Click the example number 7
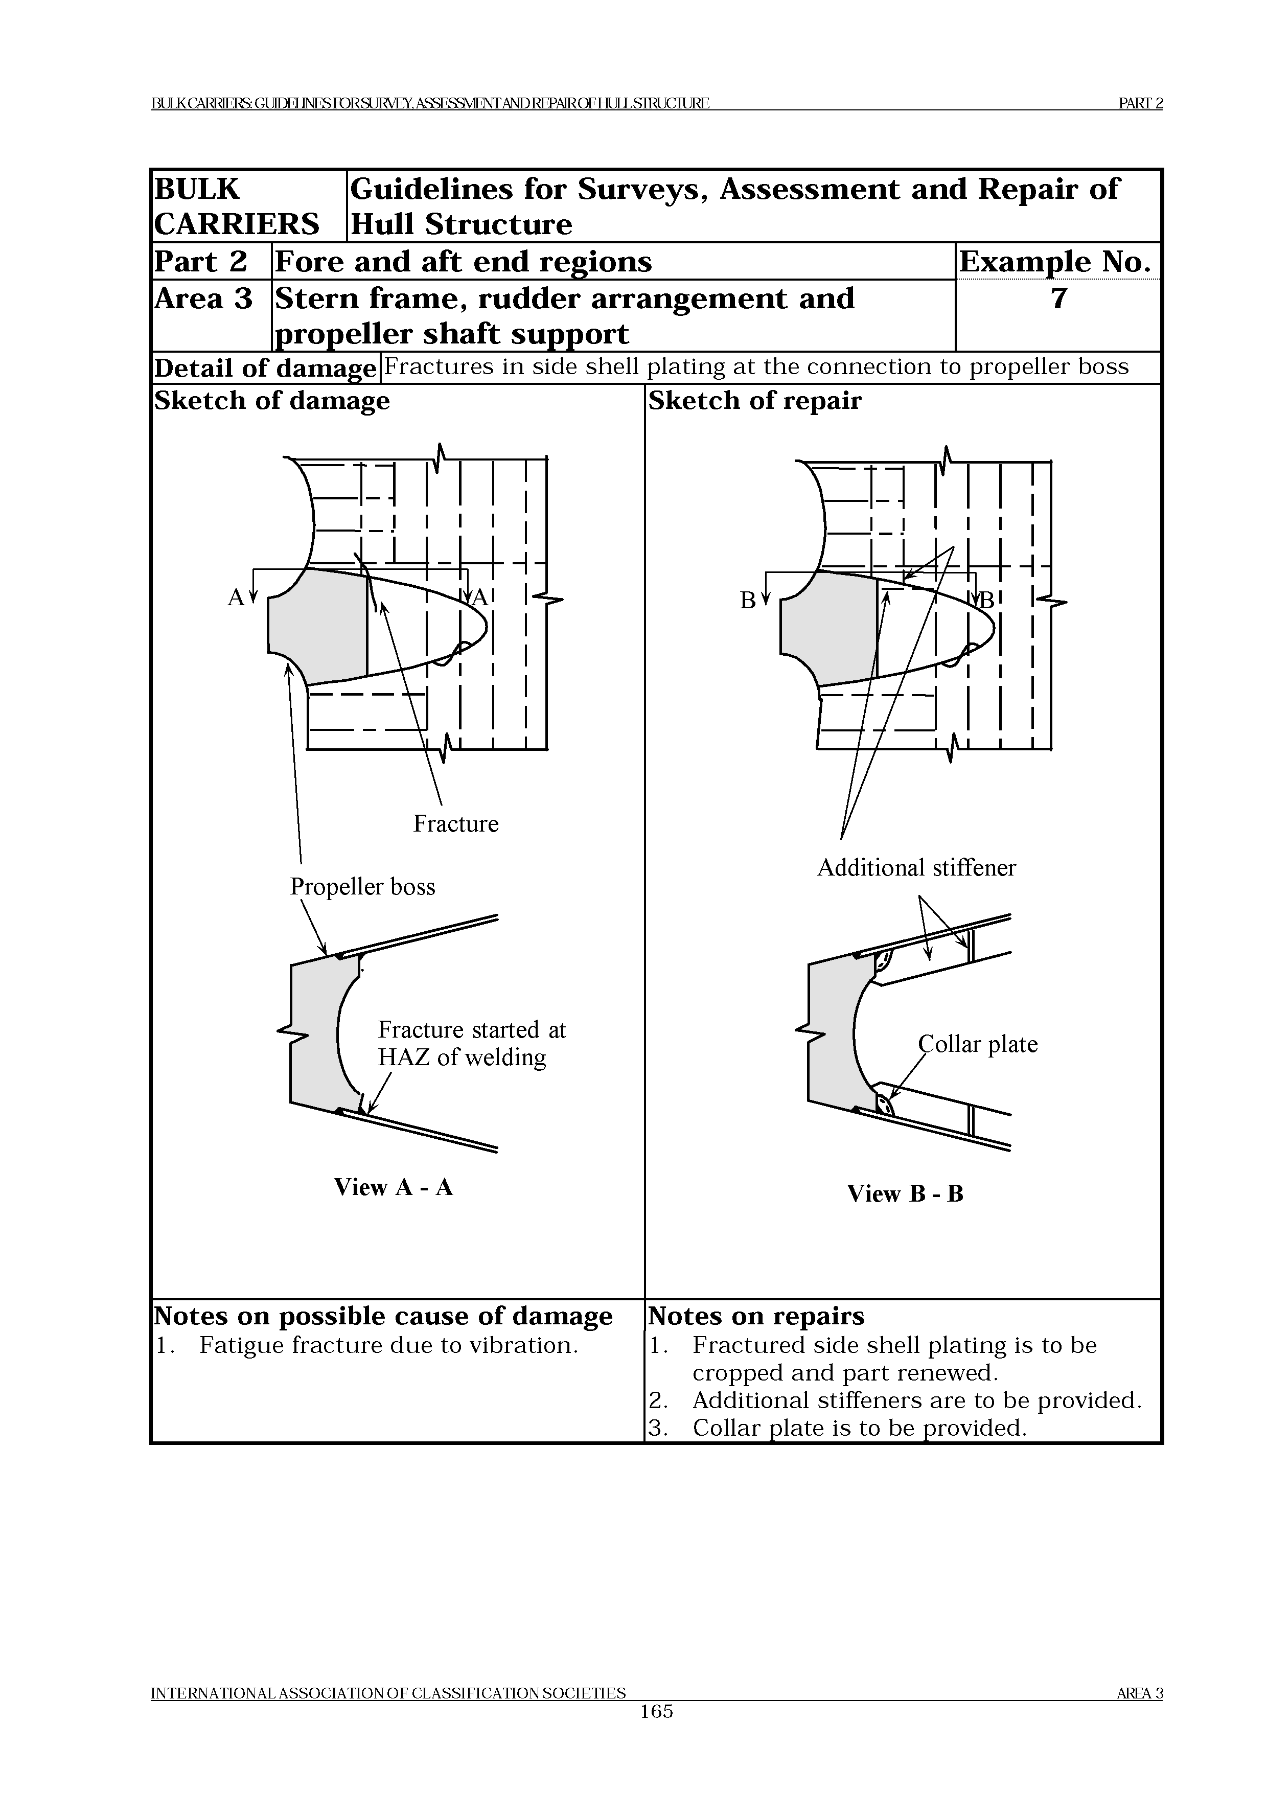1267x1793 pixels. pyautogui.click(x=1058, y=299)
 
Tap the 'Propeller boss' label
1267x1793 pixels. pyautogui.click(x=362, y=886)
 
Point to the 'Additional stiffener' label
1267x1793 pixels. pyautogui.click(x=916, y=867)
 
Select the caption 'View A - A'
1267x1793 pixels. pyautogui.click(x=394, y=1187)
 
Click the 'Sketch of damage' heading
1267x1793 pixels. pyautogui.click(x=272, y=401)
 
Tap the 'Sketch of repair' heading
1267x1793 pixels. pyautogui.click(x=755, y=401)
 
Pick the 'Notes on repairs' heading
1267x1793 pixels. pyautogui.click(x=756, y=1316)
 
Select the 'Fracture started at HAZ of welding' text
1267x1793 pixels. pyautogui.click(x=472, y=1043)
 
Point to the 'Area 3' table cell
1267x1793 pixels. pyautogui.click(x=204, y=299)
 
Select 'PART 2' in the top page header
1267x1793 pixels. pyautogui.click(x=1141, y=103)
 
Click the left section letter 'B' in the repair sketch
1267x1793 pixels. pyautogui.click(x=748, y=600)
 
